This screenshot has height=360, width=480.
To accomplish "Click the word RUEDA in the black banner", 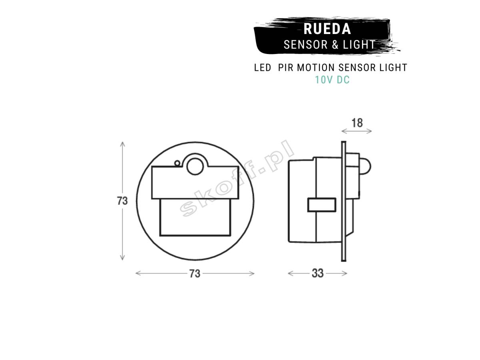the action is pos(327,29).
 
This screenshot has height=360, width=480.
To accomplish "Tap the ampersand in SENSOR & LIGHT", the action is pos(335,44).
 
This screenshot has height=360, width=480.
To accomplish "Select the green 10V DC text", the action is pos(332,80).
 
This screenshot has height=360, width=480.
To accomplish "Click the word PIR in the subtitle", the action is pos(286,68).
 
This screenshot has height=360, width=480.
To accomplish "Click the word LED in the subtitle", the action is pos(262,68).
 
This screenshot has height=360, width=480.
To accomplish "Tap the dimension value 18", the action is pos(357,123).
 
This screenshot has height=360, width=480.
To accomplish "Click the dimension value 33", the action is pos(318,273).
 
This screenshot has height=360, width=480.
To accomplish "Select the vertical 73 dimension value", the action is pos(122,201).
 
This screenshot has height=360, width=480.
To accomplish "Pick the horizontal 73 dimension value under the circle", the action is pos(195,274).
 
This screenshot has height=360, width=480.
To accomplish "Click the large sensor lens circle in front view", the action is pos(195,166).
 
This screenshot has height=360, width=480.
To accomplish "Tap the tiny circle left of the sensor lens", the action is pos(177,163).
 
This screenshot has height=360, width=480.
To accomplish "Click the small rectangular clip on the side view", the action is pos(322,205).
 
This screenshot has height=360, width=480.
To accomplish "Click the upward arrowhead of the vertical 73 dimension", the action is pos(123,144).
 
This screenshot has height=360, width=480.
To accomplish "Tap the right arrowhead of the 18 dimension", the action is pos(369,131).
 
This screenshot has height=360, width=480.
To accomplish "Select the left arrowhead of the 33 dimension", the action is pos(290,274).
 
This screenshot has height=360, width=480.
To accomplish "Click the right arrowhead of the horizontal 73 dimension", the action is pos(252,274).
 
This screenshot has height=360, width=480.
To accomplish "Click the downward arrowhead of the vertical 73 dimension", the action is pos(123,258).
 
